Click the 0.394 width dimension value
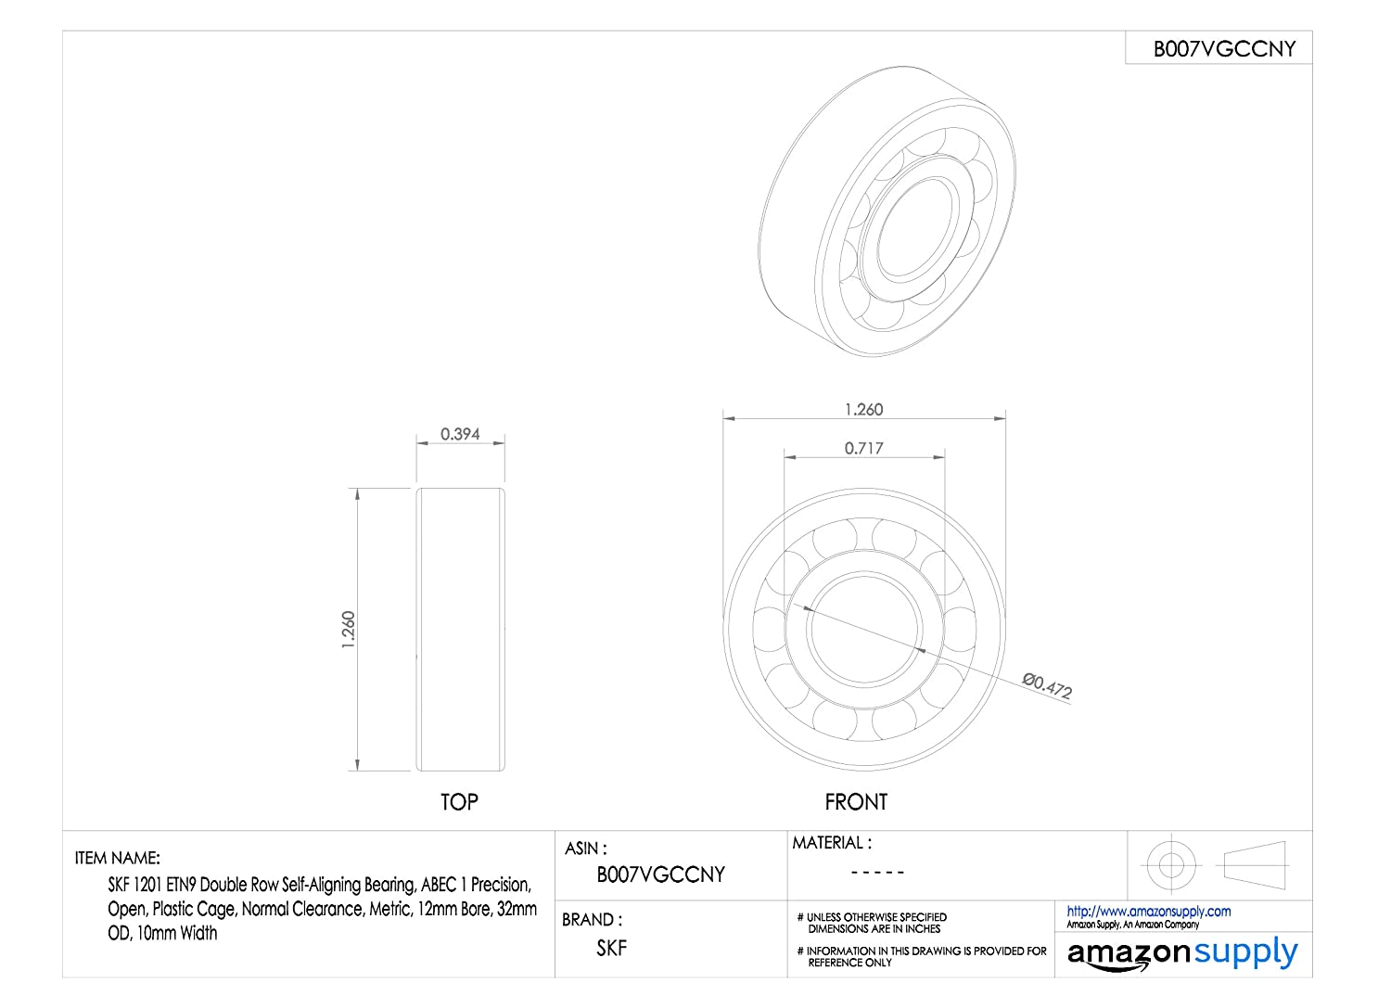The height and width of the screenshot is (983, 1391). click(x=460, y=434)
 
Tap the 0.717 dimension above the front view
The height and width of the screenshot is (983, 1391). click(x=863, y=448)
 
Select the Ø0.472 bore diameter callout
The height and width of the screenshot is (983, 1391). click(x=1047, y=685)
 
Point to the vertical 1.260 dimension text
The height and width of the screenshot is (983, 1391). click(x=349, y=629)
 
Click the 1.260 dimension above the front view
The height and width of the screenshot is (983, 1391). click(x=863, y=410)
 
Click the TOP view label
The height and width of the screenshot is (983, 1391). click(x=459, y=802)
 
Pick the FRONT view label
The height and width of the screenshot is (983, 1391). click(x=856, y=802)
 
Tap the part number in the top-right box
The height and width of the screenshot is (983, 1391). click(x=1224, y=49)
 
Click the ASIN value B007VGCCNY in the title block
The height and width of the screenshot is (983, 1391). click(x=660, y=874)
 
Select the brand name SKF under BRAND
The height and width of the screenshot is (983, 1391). click(x=612, y=948)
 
